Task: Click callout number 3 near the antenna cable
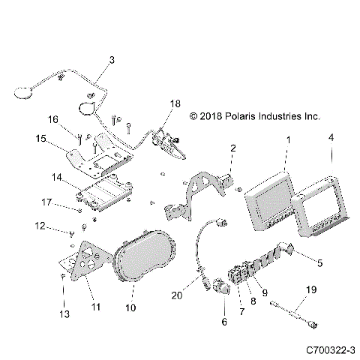112,59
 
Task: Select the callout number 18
175,103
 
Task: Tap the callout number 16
53,119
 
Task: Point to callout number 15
41,138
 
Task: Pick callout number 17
47,202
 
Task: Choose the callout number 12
40,224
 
